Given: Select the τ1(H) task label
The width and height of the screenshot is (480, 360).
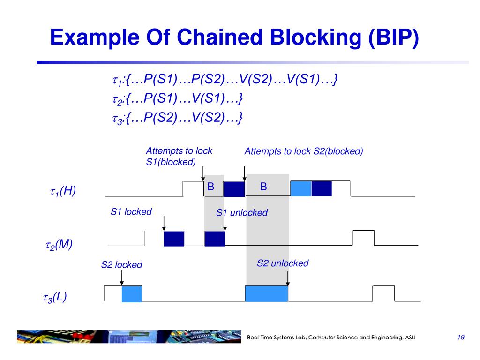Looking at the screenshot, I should click(x=62, y=191).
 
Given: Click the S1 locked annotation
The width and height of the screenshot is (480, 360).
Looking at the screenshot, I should click(x=131, y=212).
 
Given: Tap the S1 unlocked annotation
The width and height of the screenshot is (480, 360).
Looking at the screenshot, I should click(x=242, y=213).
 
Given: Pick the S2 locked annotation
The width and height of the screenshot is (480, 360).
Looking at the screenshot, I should click(x=121, y=265).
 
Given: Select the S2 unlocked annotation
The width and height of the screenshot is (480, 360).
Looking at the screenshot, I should click(x=283, y=263).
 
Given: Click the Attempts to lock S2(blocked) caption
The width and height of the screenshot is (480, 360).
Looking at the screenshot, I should click(x=304, y=151).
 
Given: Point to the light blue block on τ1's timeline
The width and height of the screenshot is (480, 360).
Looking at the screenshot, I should click(x=301, y=188).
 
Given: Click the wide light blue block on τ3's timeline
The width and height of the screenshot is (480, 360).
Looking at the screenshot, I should click(x=267, y=293).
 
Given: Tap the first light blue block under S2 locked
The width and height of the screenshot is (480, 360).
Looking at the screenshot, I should click(x=132, y=293).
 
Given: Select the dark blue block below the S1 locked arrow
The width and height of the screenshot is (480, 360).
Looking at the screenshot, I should click(x=174, y=239).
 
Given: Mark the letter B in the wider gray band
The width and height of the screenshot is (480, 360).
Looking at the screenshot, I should click(x=263, y=187).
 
